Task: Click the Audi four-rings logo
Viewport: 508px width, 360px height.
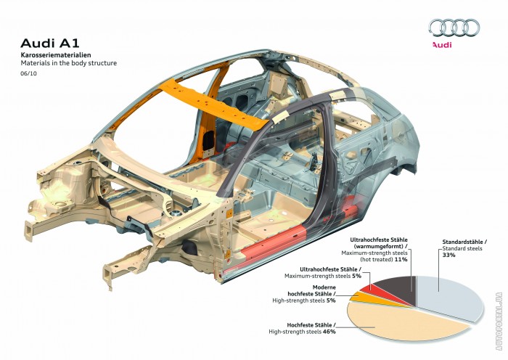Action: [454, 28]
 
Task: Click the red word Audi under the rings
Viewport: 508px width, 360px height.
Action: [442, 45]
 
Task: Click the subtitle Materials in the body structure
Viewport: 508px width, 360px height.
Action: [68, 64]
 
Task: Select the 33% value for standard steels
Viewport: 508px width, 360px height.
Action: [448, 255]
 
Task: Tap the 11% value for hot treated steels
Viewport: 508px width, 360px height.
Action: [400, 258]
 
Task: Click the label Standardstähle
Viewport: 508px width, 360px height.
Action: [464, 241]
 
